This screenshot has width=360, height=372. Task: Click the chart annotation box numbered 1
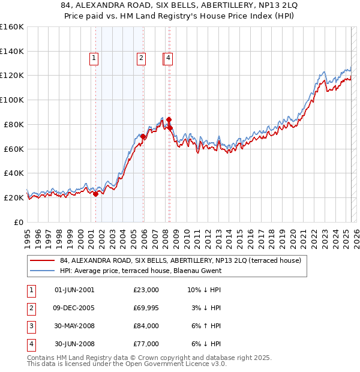95,58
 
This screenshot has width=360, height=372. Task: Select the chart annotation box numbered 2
140,58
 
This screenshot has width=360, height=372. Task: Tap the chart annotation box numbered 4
169,58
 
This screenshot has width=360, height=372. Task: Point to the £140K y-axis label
12,52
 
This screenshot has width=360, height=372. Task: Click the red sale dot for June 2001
96,194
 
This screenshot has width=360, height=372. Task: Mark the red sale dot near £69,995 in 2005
143,137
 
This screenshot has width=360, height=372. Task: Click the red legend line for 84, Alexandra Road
42,261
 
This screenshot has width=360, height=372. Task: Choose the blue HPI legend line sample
42,271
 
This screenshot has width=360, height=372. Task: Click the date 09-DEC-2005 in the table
74,308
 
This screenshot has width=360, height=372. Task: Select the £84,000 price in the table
146,326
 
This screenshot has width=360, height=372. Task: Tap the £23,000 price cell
146,290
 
